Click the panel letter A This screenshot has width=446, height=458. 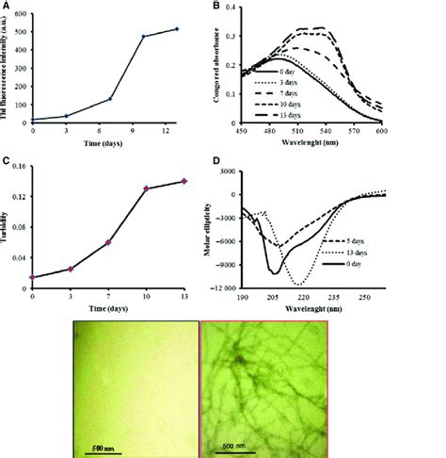7,7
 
